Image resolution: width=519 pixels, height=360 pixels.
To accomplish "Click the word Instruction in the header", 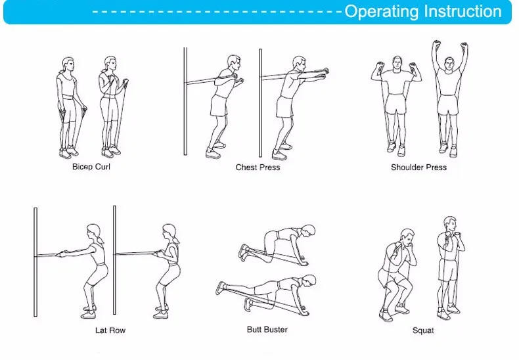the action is point(463,11).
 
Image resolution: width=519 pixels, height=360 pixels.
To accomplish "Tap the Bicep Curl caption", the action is point(91,166).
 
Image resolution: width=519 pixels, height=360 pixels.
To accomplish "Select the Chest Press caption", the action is point(258,168).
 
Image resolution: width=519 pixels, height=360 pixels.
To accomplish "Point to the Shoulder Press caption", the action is point(418,168).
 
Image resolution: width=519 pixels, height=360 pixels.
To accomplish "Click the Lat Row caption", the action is point(110,330).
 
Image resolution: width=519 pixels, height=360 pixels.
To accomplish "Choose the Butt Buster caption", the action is point(267,330).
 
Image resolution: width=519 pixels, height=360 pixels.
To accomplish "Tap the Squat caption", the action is point(423,330).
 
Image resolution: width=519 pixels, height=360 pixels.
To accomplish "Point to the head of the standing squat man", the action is point(450,225).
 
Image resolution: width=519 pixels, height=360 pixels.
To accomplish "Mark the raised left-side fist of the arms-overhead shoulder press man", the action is point(437,44).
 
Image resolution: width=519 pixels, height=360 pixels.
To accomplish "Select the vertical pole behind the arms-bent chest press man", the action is point(185,101).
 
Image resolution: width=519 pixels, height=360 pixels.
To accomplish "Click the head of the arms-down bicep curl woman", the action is point(68,65).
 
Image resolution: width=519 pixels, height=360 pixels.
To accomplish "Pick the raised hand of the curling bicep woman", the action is point(125,81).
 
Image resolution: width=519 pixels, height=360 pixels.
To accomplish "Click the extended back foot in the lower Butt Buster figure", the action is point(221,288).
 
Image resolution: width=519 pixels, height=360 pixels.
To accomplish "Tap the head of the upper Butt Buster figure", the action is point(308,231).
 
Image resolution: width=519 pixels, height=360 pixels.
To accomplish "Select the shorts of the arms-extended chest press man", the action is point(284,106).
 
